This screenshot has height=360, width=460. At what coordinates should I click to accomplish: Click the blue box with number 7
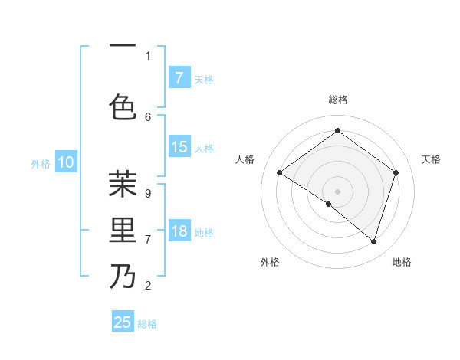(x=179, y=77)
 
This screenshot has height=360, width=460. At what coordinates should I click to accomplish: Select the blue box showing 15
(x=179, y=147)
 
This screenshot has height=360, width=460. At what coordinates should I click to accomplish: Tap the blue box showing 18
(x=179, y=232)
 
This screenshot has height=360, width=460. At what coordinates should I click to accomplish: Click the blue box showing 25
(x=123, y=322)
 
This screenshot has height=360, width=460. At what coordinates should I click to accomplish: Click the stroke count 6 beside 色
(x=148, y=116)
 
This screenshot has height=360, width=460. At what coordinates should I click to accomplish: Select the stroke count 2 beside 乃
(x=148, y=286)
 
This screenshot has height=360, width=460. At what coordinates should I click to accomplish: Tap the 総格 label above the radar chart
(x=337, y=100)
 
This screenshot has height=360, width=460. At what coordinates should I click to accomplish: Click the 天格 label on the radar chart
(x=431, y=159)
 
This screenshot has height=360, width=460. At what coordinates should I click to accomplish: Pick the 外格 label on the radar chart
(x=270, y=262)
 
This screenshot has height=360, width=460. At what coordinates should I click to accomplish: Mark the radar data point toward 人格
(x=279, y=173)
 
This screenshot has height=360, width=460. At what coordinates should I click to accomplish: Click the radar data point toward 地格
(x=373, y=241)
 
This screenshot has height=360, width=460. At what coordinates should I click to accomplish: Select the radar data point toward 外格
(x=329, y=204)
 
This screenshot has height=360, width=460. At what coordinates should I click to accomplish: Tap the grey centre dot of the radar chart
(x=337, y=191)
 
